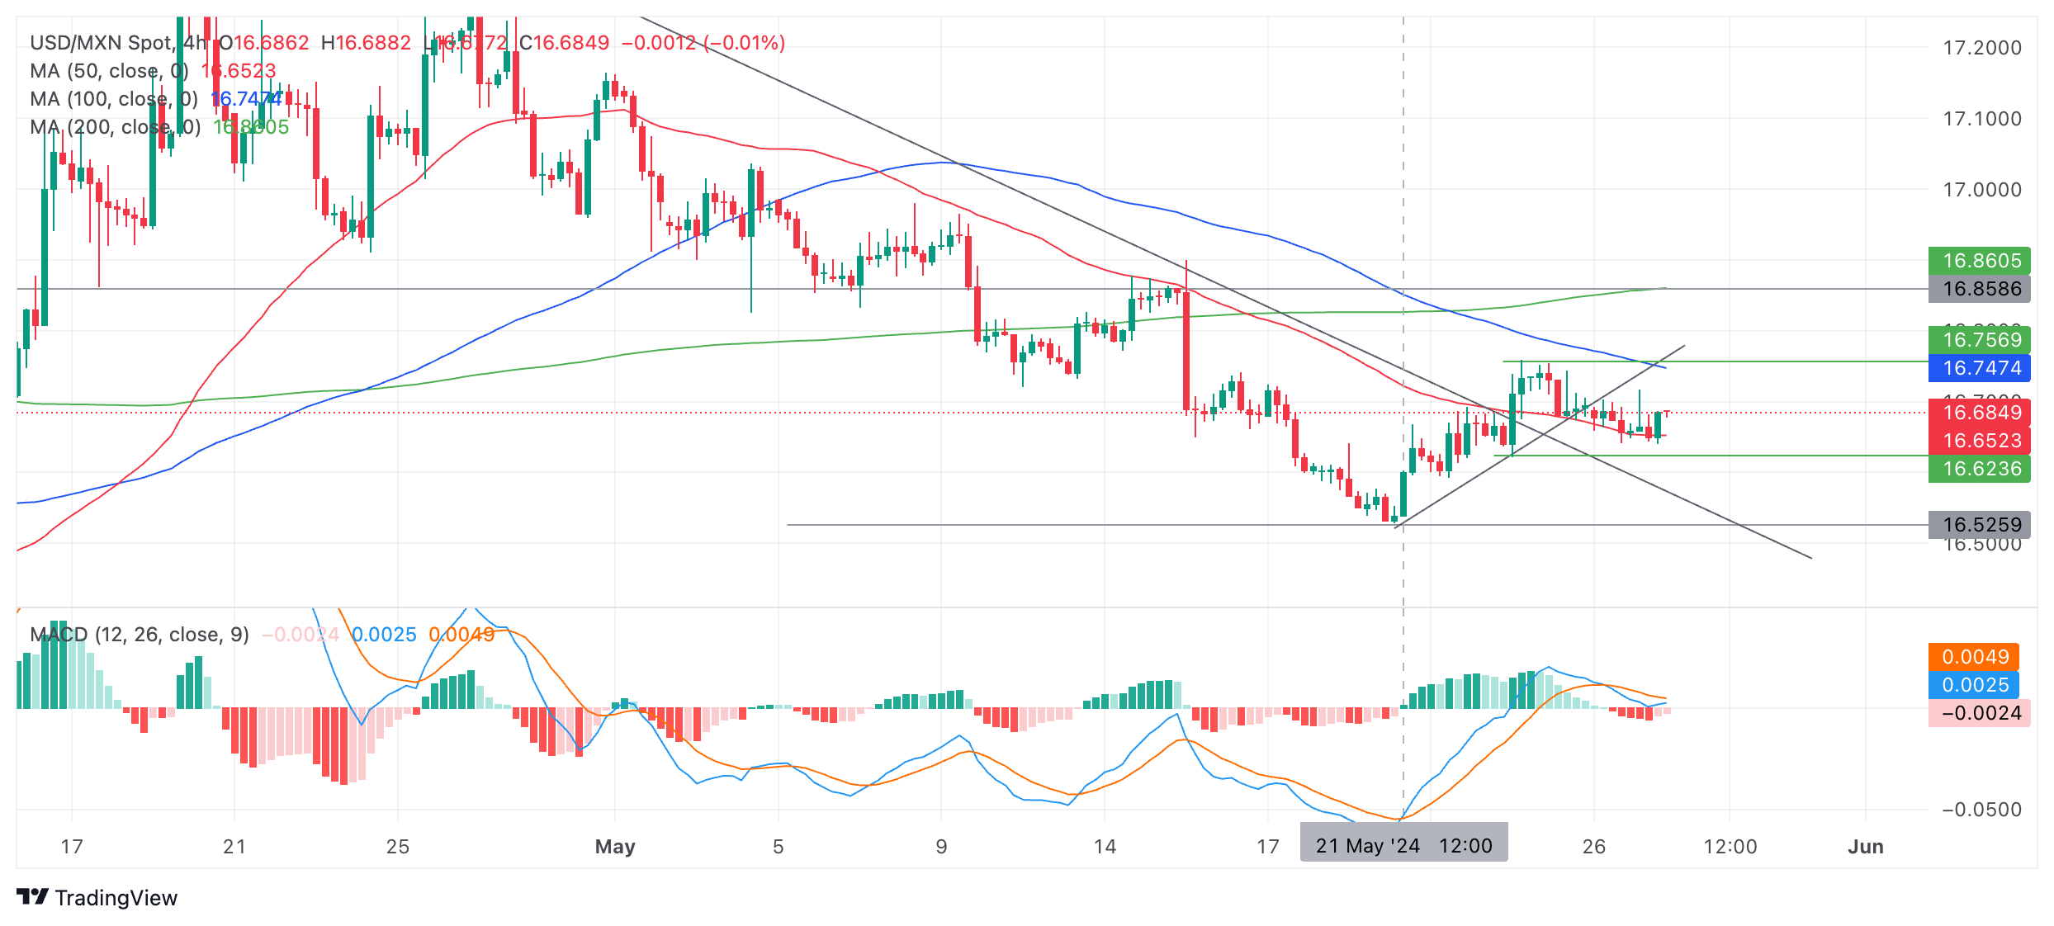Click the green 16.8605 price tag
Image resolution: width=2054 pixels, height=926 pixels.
point(1979,261)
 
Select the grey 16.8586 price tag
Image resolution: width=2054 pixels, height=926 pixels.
point(1979,289)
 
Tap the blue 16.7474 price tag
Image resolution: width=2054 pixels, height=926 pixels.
point(1979,368)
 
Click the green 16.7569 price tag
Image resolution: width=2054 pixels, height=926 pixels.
point(1979,340)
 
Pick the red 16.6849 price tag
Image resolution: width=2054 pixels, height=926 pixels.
point(1979,413)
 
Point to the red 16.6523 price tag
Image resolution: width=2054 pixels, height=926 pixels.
point(1979,441)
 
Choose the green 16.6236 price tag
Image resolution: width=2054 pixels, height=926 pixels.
point(1979,469)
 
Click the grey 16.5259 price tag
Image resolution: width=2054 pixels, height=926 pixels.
point(1979,525)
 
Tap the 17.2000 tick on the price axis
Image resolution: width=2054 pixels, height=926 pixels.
point(1982,48)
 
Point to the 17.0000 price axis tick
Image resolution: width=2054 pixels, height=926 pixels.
point(1982,190)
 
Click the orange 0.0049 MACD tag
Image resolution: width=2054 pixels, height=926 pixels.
point(1974,657)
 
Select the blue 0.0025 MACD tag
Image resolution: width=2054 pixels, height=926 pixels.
point(1974,685)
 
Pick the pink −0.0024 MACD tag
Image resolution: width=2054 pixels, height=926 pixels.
point(1979,713)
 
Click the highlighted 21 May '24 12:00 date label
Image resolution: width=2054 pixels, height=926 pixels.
point(1403,846)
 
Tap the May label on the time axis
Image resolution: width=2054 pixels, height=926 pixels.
point(615,847)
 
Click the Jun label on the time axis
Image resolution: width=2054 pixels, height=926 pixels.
point(1865,847)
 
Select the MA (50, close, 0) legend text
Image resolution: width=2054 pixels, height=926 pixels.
point(109,71)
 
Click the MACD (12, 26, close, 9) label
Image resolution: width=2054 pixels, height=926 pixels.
point(140,635)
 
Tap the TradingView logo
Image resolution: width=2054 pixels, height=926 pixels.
point(97,898)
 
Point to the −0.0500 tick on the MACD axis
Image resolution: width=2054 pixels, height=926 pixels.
point(1982,810)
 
